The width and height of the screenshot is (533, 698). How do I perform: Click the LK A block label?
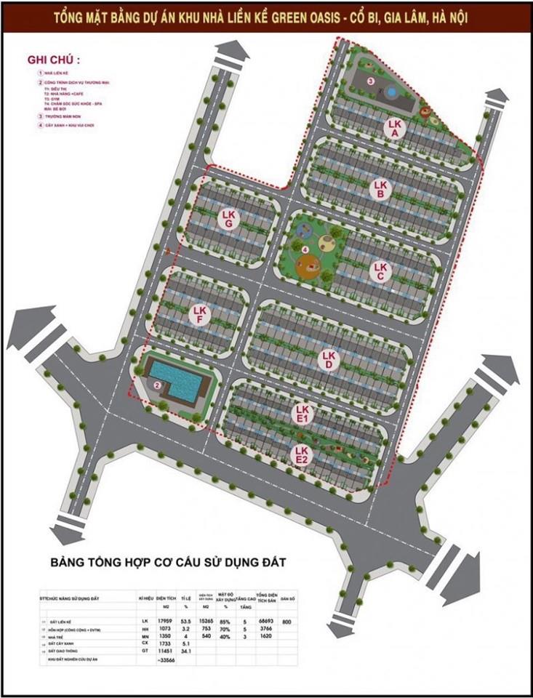393,129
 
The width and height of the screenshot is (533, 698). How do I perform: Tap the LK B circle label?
379,189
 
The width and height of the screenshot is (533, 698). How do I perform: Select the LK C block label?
379,271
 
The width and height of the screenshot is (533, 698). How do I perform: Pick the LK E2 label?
302,455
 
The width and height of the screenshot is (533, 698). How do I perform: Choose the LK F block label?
199,315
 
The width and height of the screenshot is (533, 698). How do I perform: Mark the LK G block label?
229,219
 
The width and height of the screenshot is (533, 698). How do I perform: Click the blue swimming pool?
175,378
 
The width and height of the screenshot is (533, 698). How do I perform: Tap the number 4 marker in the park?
305,250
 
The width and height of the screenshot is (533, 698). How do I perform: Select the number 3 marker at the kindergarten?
369,81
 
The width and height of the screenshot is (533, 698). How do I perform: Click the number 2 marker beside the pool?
156,385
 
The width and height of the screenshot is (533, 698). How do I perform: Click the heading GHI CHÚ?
53,59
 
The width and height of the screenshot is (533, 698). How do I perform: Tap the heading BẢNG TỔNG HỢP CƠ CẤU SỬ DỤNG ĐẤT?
169,562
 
